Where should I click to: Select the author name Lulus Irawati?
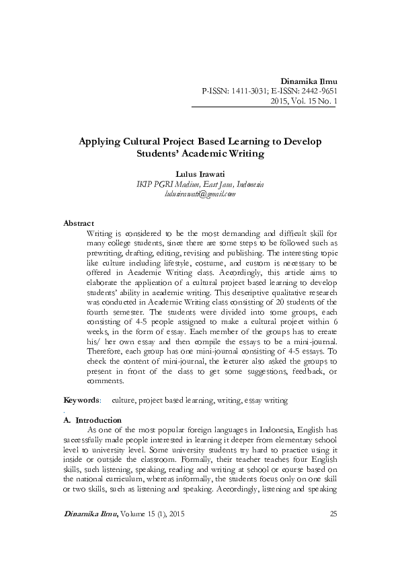(x=200, y=173)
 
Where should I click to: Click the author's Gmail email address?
(x=200, y=194)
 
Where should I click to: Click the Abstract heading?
(x=79, y=223)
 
